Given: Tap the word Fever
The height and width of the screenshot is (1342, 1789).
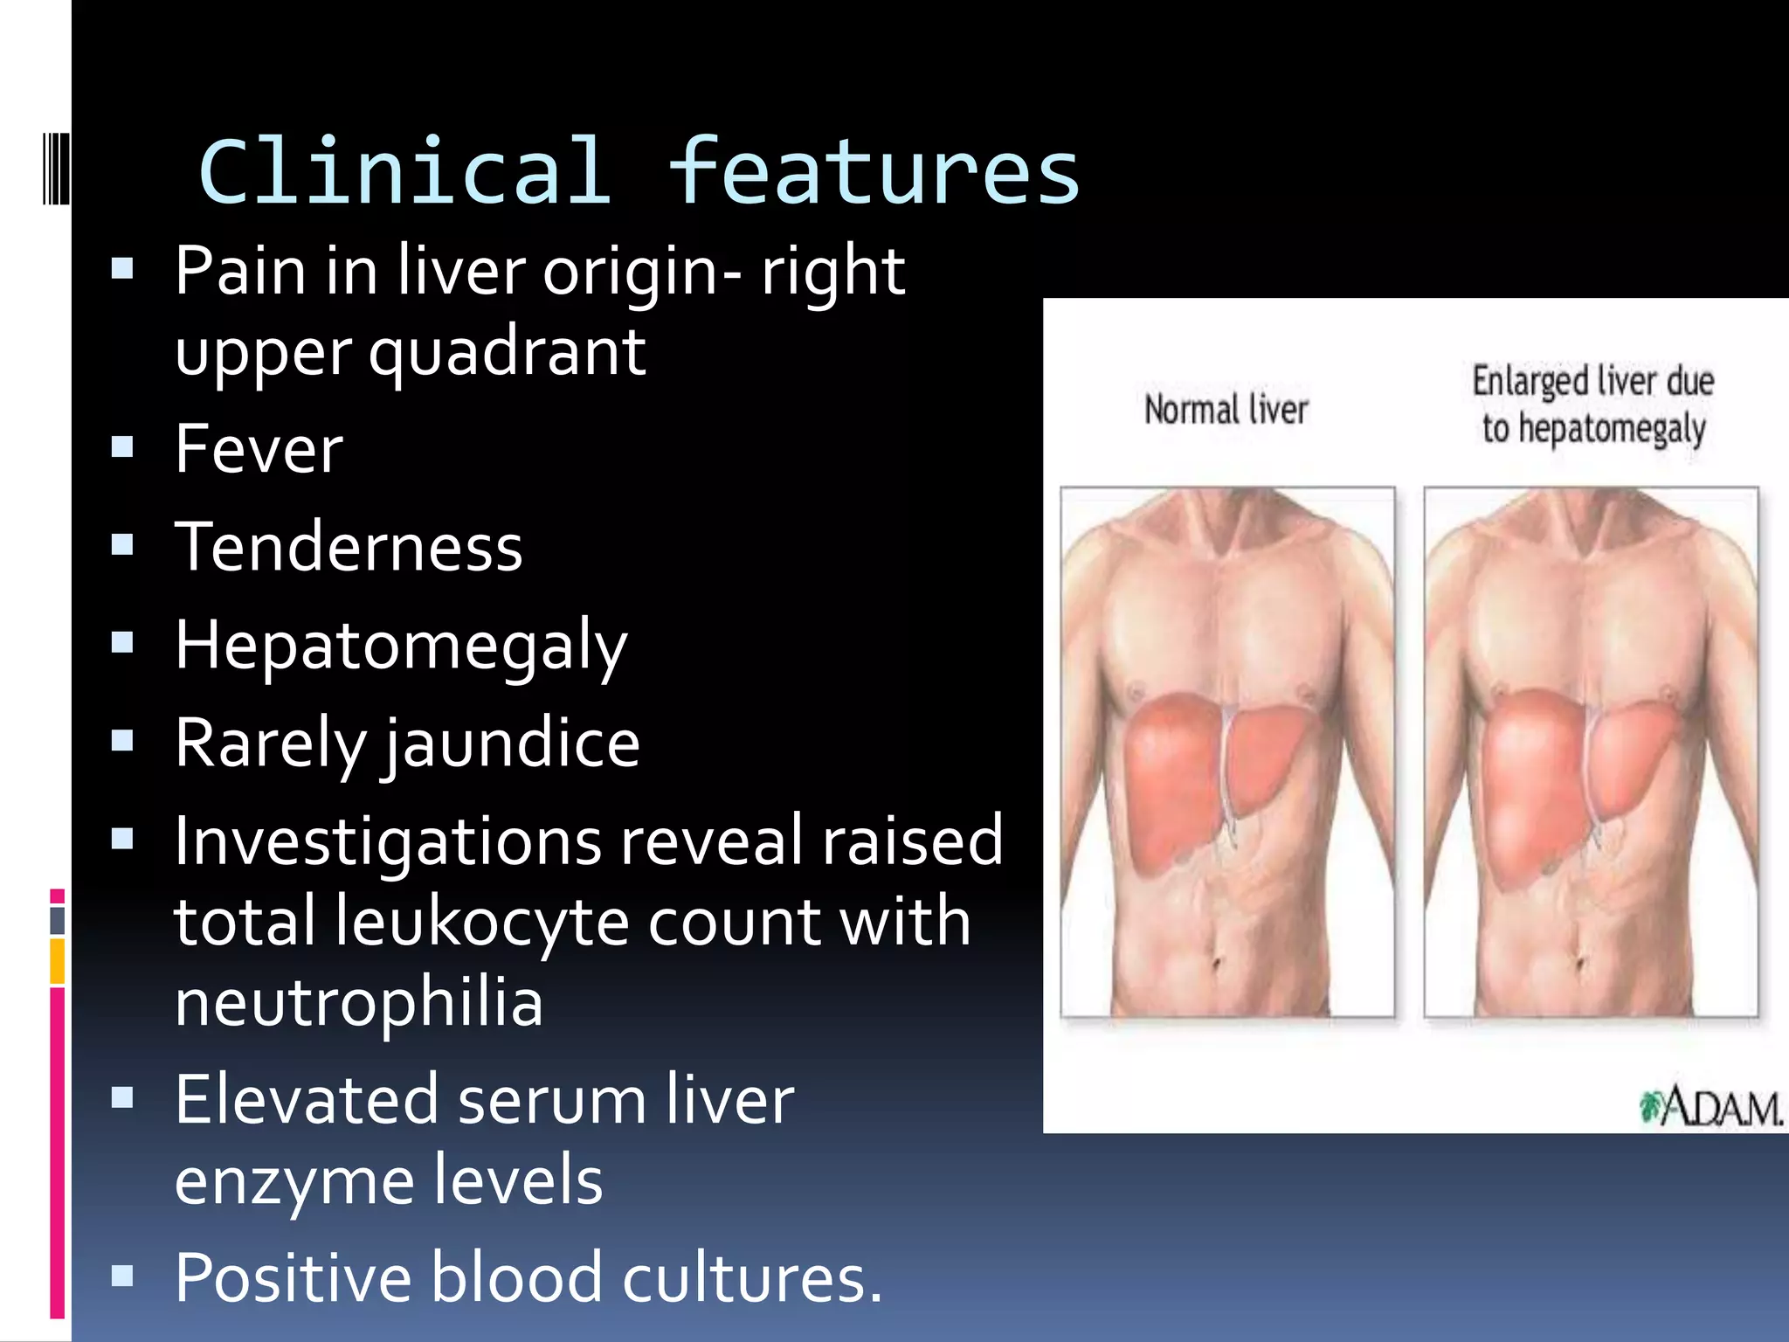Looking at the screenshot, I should point(259,449).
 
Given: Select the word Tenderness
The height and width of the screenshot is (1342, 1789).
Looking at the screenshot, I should point(349,548).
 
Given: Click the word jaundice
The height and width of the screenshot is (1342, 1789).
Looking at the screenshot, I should point(513,744).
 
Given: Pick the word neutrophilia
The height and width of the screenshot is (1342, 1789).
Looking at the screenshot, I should point(358,1002).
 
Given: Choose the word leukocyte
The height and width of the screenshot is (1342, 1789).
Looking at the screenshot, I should point(482,922).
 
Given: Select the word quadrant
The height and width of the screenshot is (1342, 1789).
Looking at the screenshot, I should point(507,353).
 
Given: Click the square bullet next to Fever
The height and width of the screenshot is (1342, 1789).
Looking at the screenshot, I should point(122,447).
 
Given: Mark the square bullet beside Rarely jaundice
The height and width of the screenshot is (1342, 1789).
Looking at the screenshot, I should point(122,741).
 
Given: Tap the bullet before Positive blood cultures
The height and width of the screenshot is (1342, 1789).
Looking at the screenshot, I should point(122,1276).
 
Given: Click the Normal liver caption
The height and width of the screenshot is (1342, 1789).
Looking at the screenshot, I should point(1226,410).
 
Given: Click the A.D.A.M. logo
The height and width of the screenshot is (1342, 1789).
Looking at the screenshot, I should point(1710,1108).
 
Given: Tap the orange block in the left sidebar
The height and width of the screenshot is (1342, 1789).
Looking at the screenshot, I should point(58,961).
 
